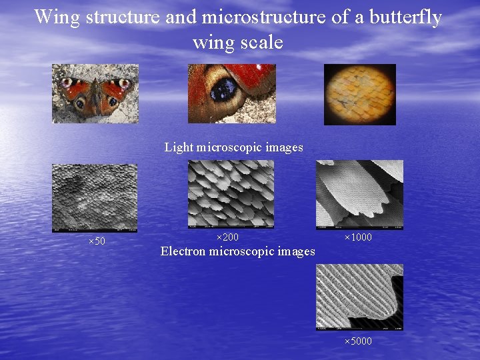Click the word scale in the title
(x=264, y=43)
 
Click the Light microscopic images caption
(x=233, y=147)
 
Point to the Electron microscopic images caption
(x=237, y=251)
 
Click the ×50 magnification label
(x=97, y=241)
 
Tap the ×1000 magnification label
(x=358, y=237)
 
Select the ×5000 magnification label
(x=358, y=342)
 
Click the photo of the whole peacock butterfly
(x=95, y=93)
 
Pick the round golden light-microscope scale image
(x=360, y=94)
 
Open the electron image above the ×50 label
(x=95, y=198)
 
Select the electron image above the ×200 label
(x=231, y=193)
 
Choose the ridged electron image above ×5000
(x=359, y=297)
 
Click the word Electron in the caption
(x=183, y=251)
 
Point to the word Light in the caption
(x=177, y=147)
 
